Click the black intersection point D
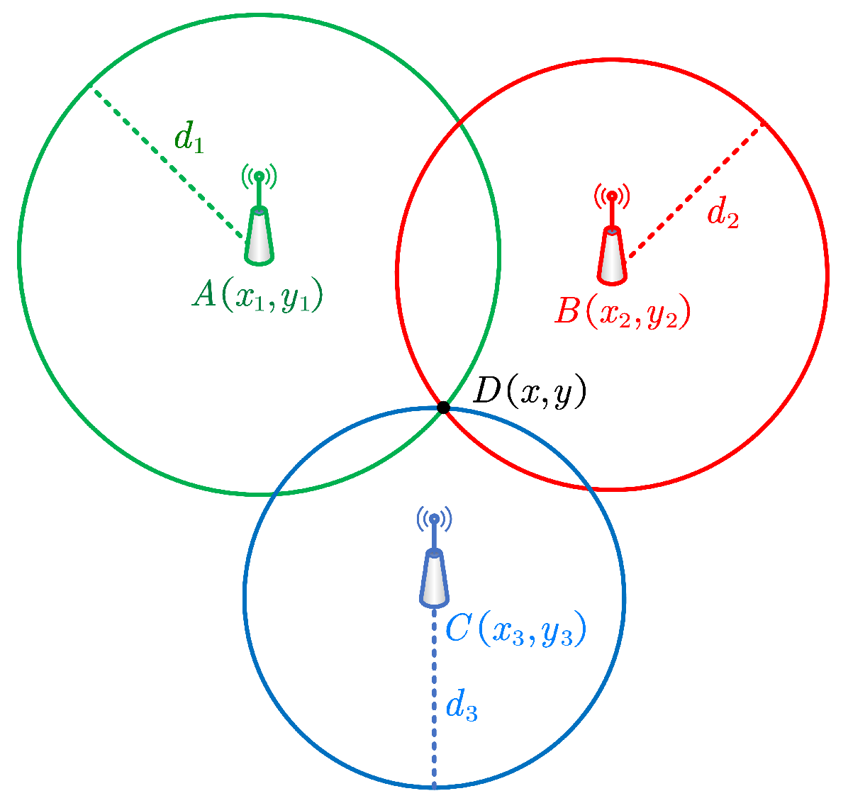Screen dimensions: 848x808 click(x=443, y=407)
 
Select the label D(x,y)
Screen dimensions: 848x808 click(x=529, y=393)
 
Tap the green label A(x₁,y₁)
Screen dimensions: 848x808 click(x=257, y=295)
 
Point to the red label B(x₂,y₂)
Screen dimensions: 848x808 click(x=622, y=312)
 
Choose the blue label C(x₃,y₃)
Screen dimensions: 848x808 click(x=515, y=630)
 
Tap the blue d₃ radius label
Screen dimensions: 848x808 click(x=461, y=707)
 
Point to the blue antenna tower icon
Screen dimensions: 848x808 click(x=434, y=578)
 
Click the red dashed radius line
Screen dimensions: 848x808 click(x=695, y=191)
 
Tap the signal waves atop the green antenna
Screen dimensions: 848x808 click(x=260, y=174)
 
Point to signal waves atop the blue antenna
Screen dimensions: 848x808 click(x=434, y=519)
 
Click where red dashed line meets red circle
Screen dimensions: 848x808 click(x=764, y=123)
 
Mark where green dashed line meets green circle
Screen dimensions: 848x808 click(x=89, y=84)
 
